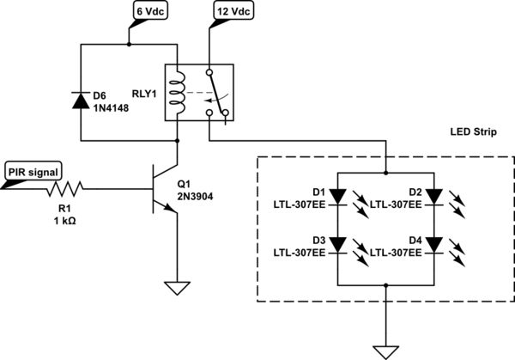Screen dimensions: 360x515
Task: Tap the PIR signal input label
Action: (x=33, y=172)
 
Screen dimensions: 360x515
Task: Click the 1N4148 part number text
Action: (x=112, y=109)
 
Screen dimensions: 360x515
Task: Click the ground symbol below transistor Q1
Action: (x=177, y=289)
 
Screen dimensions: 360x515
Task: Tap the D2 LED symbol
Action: (x=434, y=197)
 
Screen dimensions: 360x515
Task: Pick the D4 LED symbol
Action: (x=434, y=247)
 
